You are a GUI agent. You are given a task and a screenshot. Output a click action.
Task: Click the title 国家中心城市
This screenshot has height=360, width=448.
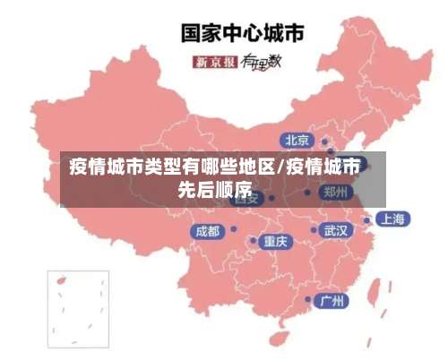tap(242, 33)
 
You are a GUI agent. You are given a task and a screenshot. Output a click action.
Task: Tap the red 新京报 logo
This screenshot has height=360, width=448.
tap(215, 62)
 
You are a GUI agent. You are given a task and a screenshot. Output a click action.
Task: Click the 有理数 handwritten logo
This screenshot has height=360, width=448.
tap(262, 62)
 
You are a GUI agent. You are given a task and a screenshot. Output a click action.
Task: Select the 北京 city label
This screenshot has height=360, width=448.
tap(297, 140)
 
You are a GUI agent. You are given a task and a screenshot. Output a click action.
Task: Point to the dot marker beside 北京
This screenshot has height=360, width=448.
tap(325, 141)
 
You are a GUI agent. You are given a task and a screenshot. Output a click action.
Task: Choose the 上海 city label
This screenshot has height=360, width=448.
tap(391, 219)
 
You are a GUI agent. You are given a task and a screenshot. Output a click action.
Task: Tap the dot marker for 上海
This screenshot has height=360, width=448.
tap(366, 219)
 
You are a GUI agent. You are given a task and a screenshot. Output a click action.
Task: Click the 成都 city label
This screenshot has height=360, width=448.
tap(207, 231)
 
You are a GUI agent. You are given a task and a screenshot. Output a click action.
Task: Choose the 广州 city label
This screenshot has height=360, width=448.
tap(334, 300)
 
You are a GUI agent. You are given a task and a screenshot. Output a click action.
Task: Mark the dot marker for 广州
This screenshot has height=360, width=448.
tap(309, 299)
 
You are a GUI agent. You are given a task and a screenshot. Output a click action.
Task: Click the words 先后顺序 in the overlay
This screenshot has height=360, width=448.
tap(214, 189)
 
